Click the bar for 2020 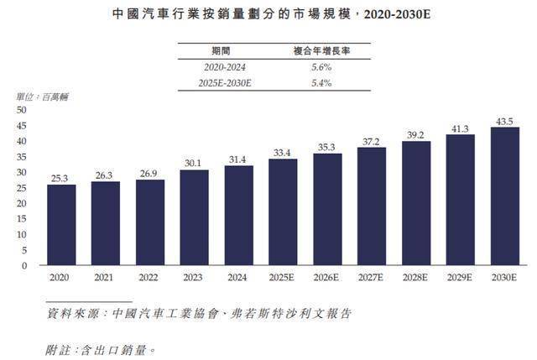[x=61, y=225]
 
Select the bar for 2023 [x=195, y=217]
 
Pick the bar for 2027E [x=372, y=206]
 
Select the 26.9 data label [x=150, y=173]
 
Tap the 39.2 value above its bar [x=417, y=133]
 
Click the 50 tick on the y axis [x=22, y=110]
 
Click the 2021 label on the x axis [x=106, y=275]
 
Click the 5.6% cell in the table [x=323, y=67]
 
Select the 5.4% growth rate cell [x=323, y=83]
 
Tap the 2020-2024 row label [x=227, y=67]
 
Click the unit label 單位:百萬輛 [x=42, y=97]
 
